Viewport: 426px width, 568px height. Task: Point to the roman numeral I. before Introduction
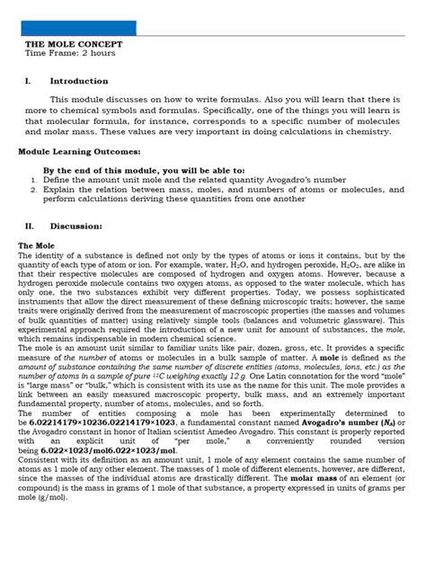28,81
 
